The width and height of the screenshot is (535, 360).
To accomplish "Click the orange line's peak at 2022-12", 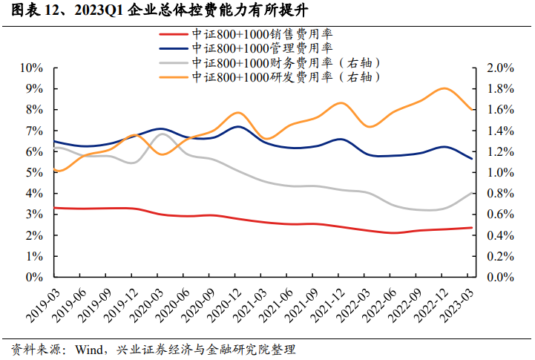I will (x=444, y=88).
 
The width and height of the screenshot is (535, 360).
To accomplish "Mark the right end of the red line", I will (x=470, y=228).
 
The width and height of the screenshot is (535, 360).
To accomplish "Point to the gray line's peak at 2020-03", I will (x=163, y=134).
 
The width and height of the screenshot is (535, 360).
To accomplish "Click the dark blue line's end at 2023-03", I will (x=470, y=159).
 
